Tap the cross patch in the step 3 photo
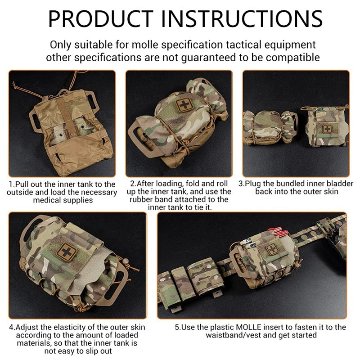326,129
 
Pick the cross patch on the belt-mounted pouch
271,249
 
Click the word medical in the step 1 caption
48,200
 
